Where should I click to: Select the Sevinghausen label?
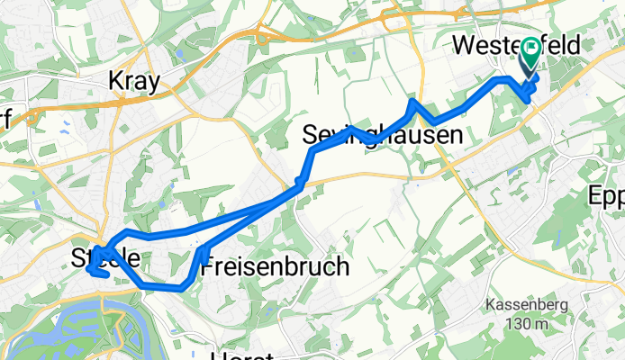click(x=382, y=137)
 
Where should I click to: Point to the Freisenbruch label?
click(x=269, y=267)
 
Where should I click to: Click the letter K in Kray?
click(x=115, y=82)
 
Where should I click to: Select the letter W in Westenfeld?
click(x=469, y=44)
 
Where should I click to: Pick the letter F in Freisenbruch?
click(x=208, y=267)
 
